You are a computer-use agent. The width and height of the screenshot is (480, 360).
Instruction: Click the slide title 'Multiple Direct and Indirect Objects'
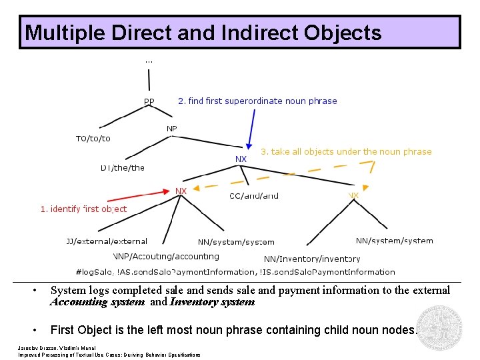click(203, 33)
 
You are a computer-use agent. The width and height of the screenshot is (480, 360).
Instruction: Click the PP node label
click(149, 102)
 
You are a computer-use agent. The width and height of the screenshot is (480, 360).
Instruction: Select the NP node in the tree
click(171, 129)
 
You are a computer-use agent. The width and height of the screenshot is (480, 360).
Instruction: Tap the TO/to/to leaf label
click(93, 139)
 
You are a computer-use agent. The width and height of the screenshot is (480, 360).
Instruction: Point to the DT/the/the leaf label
click(123, 168)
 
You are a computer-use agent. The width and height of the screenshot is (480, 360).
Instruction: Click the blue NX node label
click(241, 159)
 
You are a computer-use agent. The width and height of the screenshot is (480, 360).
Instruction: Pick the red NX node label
click(181, 191)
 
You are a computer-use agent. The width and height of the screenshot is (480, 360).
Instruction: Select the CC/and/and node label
click(254, 196)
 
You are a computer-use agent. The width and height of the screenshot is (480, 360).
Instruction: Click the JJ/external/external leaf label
click(107, 241)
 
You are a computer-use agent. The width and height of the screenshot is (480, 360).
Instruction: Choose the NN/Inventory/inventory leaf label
click(312, 259)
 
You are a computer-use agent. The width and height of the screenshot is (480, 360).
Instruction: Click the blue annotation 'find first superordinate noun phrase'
click(257, 101)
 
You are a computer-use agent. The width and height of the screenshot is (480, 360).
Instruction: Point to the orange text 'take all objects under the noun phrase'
click(346, 152)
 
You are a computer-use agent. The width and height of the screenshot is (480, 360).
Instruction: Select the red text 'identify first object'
click(83, 209)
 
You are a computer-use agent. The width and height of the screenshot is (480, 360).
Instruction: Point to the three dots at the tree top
click(149, 61)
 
